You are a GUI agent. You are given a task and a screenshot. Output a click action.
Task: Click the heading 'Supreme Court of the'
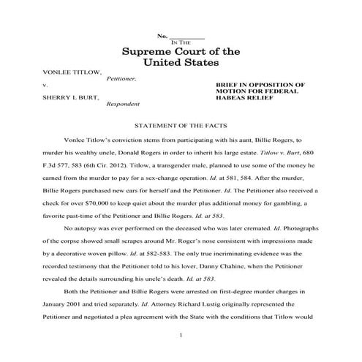181,52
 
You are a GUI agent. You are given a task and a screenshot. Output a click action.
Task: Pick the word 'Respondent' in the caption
124,104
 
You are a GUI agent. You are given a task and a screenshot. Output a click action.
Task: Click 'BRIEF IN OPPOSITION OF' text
260,85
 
